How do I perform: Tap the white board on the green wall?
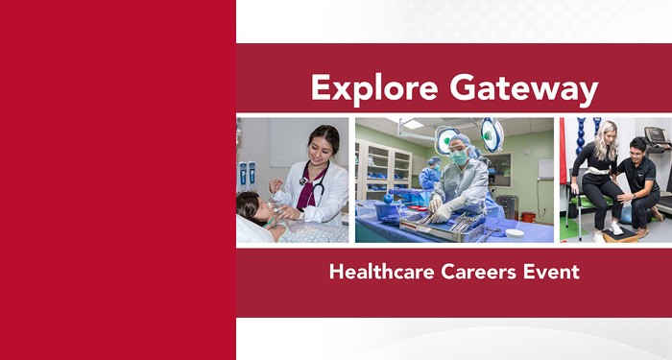(544, 169)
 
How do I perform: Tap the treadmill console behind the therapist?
(655, 135)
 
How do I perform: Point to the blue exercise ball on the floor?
(630, 214)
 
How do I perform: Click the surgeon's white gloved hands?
(443, 204)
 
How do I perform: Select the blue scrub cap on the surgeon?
(459, 140)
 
